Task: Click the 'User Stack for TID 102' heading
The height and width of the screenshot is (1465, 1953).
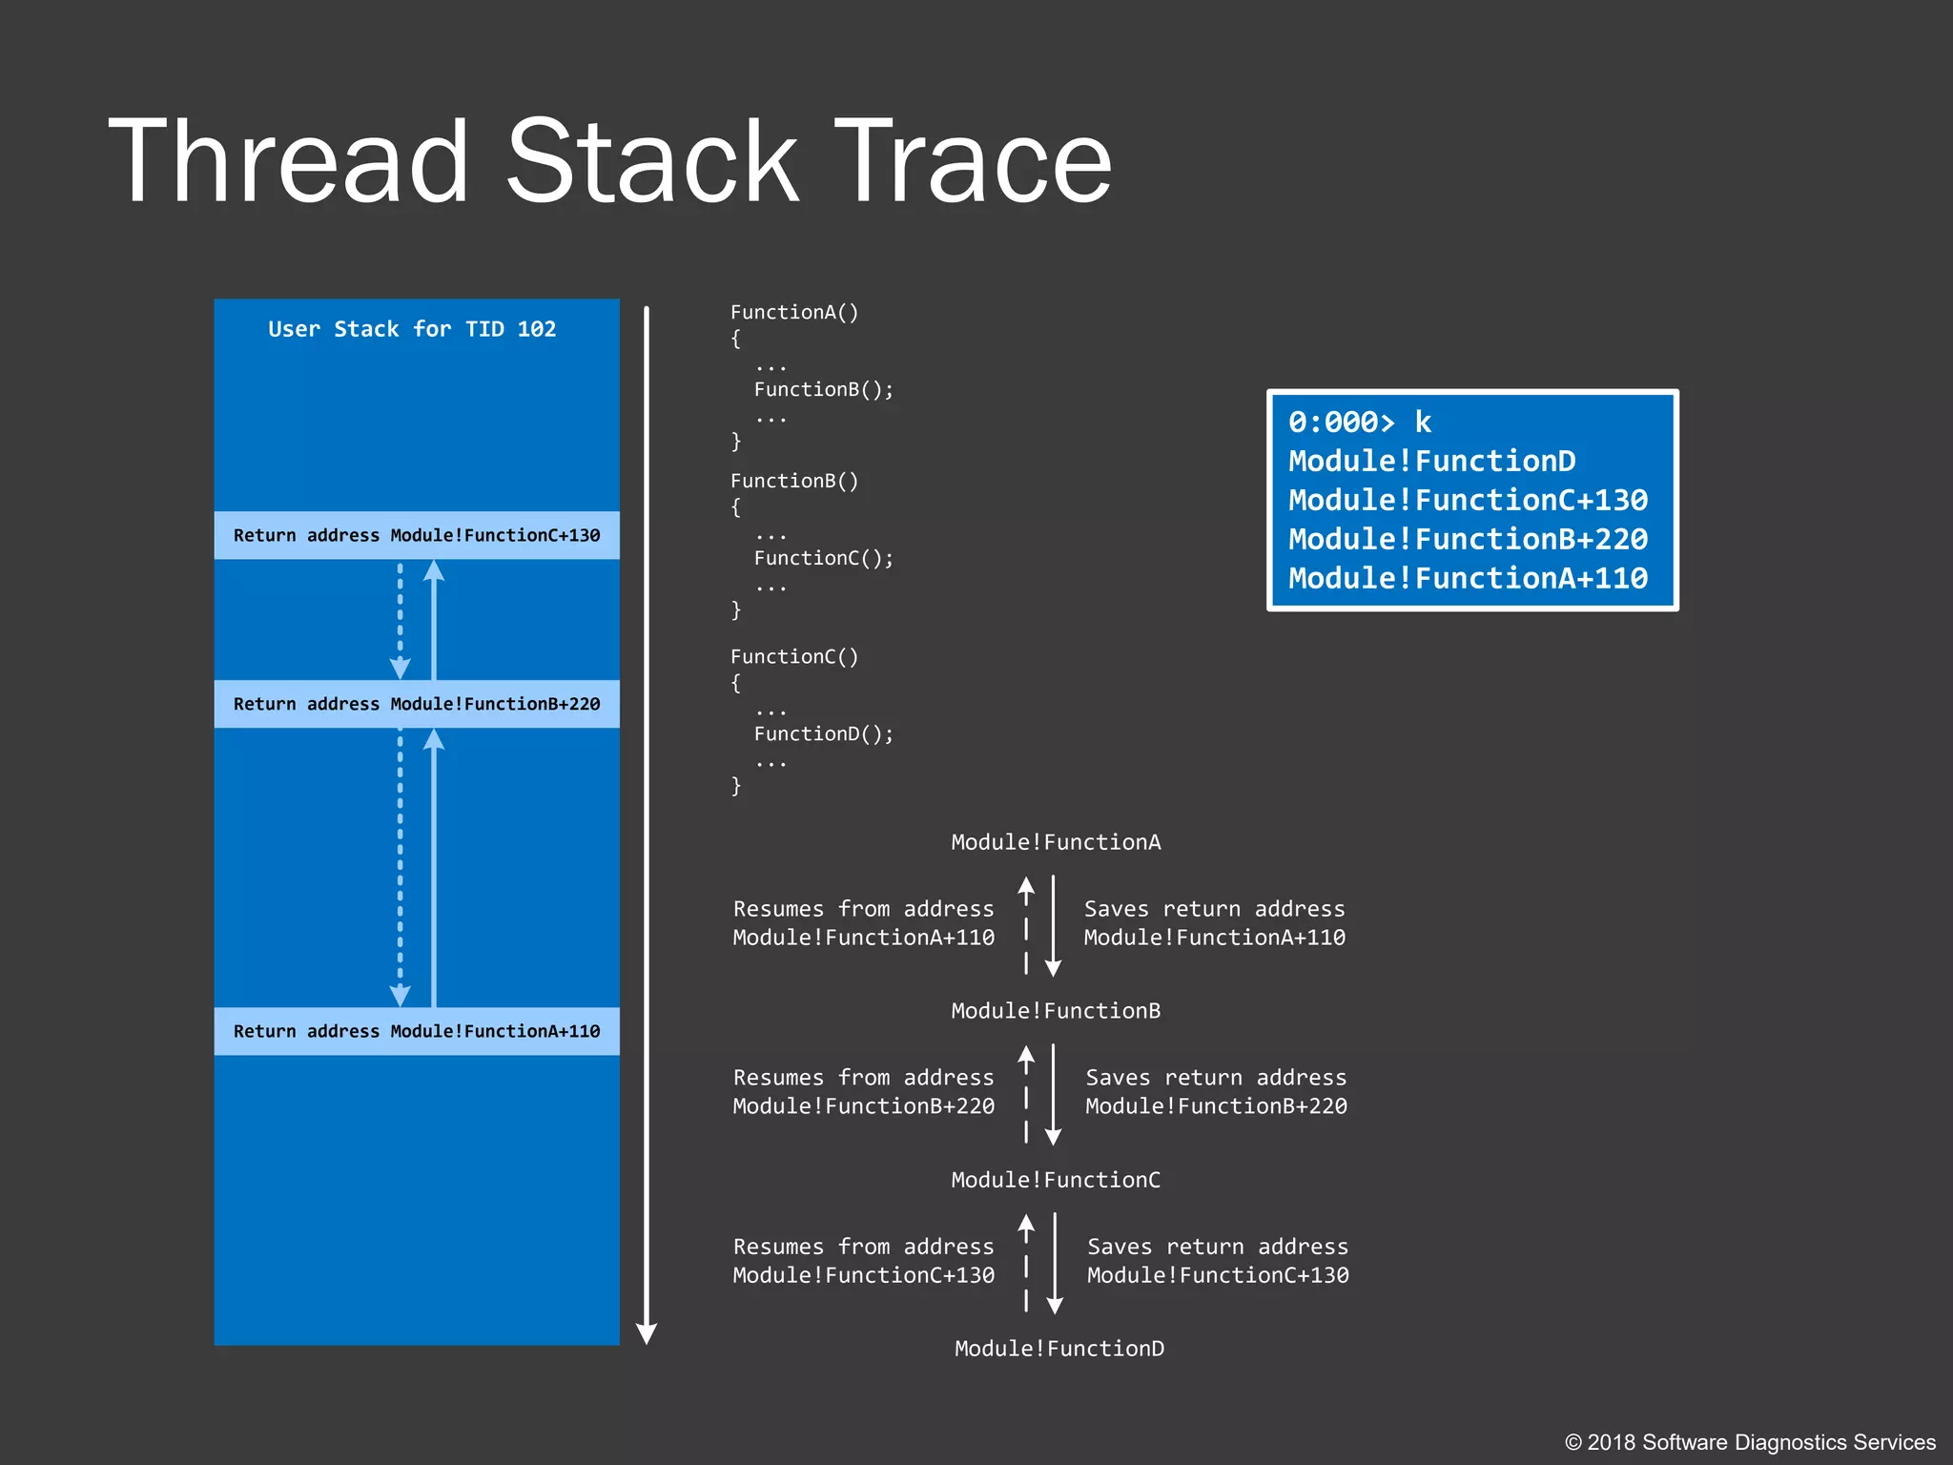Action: pyautogui.click(x=412, y=329)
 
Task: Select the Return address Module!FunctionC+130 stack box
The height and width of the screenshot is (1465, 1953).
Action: pyautogui.click(x=417, y=535)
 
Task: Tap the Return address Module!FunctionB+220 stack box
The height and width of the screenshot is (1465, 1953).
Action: pyautogui.click(x=417, y=704)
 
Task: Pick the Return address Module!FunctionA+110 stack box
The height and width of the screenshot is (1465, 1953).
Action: pyautogui.click(x=417, y=1031)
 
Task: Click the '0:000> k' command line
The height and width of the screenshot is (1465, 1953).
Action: pyautogui.click(x=1359, y=422)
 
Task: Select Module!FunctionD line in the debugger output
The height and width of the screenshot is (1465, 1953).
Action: pyautogui.click(x=1430, y=461)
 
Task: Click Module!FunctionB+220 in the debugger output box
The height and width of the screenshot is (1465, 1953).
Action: pyautogui.click(x=1467, y=539)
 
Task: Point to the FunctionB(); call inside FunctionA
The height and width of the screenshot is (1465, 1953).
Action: pyautogui.click(x=823, y=389)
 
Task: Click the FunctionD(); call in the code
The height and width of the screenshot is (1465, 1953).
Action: pyautogui.click(x=823, y=733)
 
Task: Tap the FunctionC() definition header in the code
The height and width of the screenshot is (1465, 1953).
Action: pyautogui.click(x=793, y=656)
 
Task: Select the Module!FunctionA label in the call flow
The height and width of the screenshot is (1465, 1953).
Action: pyautogui.click(x=1056, y=842)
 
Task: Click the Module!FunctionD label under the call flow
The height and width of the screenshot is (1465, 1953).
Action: pyautogui.click(x=1059, y=1348)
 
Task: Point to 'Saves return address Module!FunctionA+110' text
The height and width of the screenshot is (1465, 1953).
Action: pyautogui.click(x=1214, y=923)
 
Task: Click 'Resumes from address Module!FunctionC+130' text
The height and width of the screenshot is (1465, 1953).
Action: pyautogui.click(x=863, y=1260)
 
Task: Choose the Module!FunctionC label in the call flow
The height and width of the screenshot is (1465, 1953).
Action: pyautogui.click(x=1056, y=1180)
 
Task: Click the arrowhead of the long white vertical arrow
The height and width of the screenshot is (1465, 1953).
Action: pyautogui.click(x=647, y=1333)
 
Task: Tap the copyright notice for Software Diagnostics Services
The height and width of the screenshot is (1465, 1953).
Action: pyautogui.click(x=1750, y=1442)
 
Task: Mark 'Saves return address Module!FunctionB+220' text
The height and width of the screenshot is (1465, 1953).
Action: pyautogui.click(x=1216, y=1092)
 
